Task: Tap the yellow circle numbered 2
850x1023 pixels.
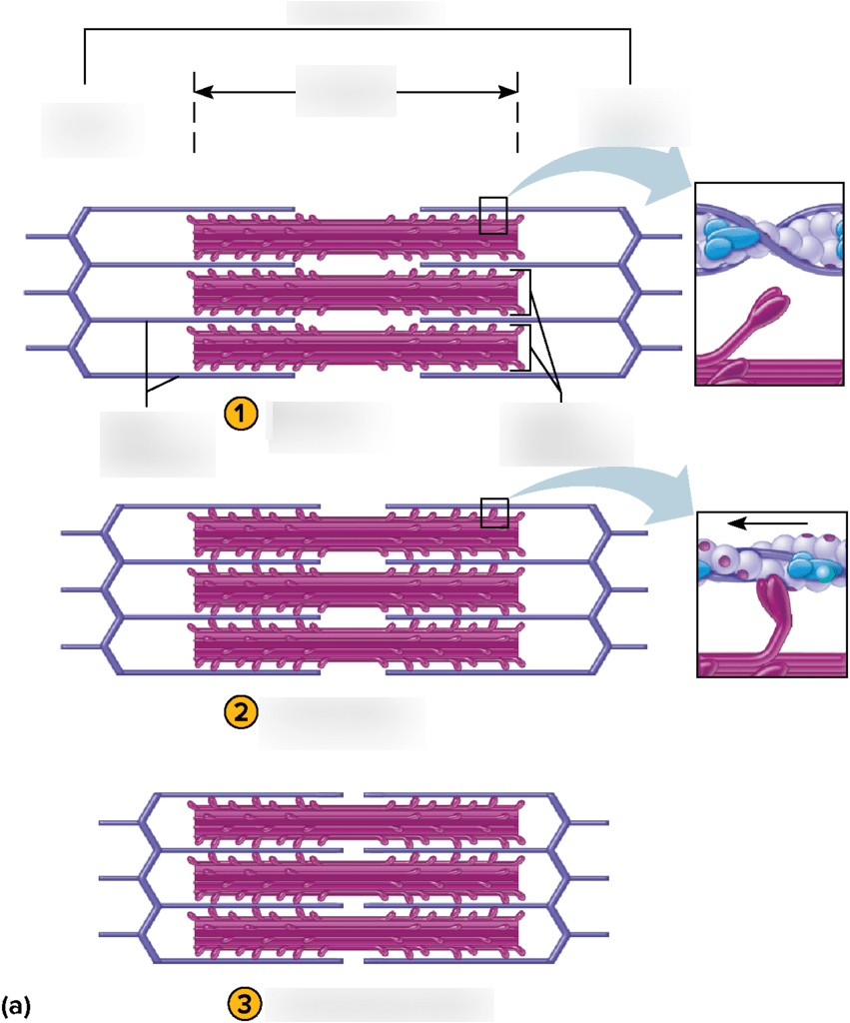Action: coord(241,712)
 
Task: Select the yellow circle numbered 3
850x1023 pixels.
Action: coord(246,1005)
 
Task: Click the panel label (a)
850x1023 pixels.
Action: coord(17,1005)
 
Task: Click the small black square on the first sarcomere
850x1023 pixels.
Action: coord(492,215)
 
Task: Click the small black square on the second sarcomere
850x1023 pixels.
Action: coord(494,511)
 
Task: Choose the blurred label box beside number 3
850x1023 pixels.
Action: coord(380,1005)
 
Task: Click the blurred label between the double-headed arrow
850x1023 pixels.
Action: coord(346,91)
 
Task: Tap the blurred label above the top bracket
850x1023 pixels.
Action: coord(365,12)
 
